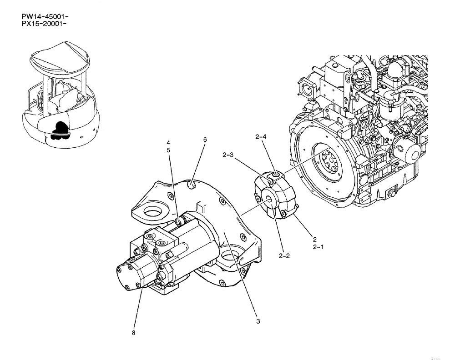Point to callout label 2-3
(228, 155)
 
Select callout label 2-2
(284, 256)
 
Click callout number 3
(258, 321)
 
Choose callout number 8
(134, 333)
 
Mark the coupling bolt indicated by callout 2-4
(276, 174)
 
